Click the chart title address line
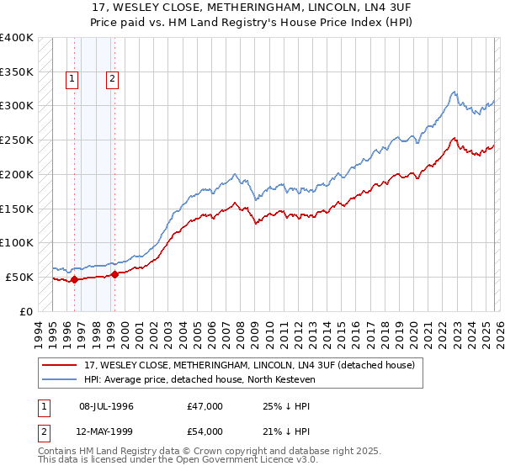pyautogui.click(x=252, y=7)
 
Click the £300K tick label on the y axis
pyautogui.click(x=17, y=106)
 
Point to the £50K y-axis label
pyautogui.click(x=19, y=277)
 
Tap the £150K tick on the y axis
pyautogui.click(x=17, y=209)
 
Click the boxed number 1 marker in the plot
pyautogui.click(x=72, y=80)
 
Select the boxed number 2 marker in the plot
pyautogui.click(x=112, y=80)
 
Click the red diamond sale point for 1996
pyautogui.click(x=74, y=279)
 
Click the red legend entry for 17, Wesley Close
pyautogui.click(x=249, y=366)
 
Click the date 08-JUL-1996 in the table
pyautogui.click(x=106, y=406)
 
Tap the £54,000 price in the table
pyautogui.click(x=205, y=431)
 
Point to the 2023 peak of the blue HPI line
pyautogui.click(x=453, y=92)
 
